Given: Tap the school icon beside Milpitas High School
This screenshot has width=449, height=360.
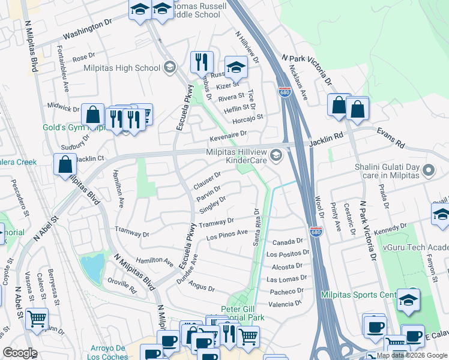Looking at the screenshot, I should [169, 67].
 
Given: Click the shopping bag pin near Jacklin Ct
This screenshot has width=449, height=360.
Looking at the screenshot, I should [65, 164].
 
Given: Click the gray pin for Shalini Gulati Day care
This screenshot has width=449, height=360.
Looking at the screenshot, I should [429, 172].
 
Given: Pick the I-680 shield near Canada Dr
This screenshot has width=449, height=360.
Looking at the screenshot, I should [316, 232].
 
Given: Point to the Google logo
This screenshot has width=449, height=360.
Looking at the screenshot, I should [20, 353].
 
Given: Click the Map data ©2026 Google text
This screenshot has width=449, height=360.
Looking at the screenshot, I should [407, 355].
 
